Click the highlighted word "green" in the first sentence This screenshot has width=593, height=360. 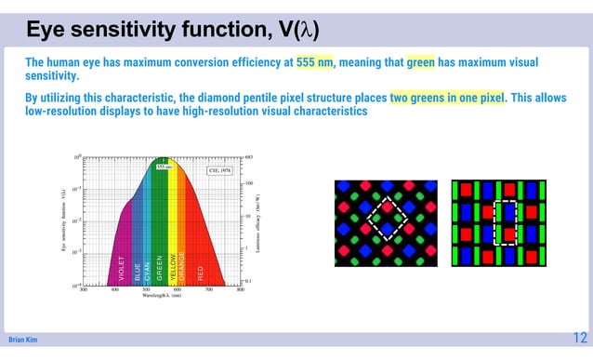click(421, 62)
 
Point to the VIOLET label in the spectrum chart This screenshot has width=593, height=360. click(122, 268)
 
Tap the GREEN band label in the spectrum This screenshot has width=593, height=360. click(160, 268)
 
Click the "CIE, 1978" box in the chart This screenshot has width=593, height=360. click(221, 170)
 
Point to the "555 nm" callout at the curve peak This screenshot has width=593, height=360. click(163, 167)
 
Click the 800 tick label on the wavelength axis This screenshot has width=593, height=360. click(241, 291)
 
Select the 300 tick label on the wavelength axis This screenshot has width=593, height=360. click(84, 291)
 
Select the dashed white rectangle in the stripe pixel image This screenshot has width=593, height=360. click(505, 222)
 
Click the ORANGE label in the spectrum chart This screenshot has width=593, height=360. click(183, 266)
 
